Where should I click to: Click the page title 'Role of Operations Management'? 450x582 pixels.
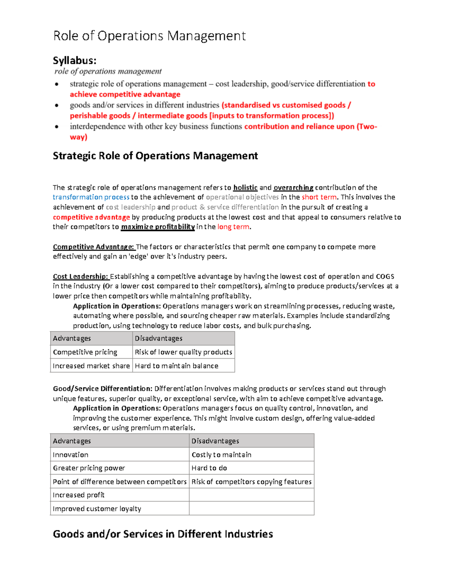click(149, 36)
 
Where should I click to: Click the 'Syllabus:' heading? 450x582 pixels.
click(74, 60)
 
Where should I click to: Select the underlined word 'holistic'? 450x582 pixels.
click(245, 187)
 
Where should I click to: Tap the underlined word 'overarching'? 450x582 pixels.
click(293, 187)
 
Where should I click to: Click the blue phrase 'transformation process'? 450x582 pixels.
click(91, 197)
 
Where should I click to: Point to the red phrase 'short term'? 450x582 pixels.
click(319, 197)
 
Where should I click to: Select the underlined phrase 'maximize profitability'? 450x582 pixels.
click(158, 227)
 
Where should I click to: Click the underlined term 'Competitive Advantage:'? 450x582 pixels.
click(93, 247)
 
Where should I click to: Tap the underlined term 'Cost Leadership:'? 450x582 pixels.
click(81, 276)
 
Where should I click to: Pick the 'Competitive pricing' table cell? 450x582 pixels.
click(85, 352)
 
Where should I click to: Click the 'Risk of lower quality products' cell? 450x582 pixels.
click(183, 352)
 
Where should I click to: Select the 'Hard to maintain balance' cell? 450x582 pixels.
click(176, 366)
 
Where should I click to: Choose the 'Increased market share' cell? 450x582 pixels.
click(91, 366)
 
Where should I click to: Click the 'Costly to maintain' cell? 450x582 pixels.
click(221, 455)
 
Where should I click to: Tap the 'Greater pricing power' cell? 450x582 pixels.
click(89, 468)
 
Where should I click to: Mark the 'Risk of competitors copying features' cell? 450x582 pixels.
click(251, 482)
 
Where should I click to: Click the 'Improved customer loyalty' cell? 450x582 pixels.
click(97, 509)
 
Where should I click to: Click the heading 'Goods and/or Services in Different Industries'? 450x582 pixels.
click(163, 534)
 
